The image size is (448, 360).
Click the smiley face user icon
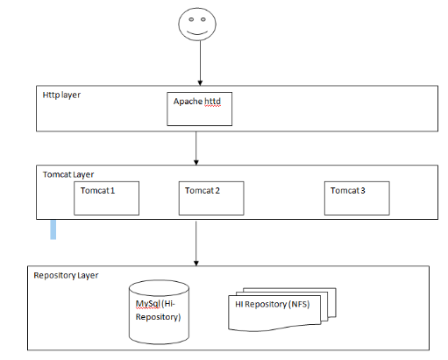pyautogui.click(x=197, y=25)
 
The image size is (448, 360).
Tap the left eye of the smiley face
pyautogui.click(x=191, y=19)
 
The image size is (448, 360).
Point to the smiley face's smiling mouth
pyautogui.click(x=197, y=32)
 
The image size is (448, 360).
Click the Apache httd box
pyautogui.click(x=200, y=109)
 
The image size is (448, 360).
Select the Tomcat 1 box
pyautogui.click(x=106, y=198)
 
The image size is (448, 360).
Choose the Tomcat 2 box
pyautogui.click(x=211, y=198)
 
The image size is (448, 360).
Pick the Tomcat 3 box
pyautogui.click(x=357, y=198)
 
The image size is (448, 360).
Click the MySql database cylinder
pyautogui.click(x=159, y=312)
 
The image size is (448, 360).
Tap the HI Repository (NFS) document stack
pyautogui.click(x=282, y=309)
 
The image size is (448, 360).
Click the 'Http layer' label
pyautogui.click(x=61, y=95)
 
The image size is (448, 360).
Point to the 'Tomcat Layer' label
pyautogui.click(x=68, y=174)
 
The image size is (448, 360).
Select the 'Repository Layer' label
pyautogui.click(x=66, y=276)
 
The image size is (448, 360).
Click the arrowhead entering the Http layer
pyautogui.click(x=200, y=83)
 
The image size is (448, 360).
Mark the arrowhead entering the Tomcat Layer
pyautogui.click(x=196, y=162)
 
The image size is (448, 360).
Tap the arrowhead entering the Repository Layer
pyautogui.click(x=196, y=263)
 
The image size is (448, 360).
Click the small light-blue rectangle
pyautogui.click(x=53, y=229)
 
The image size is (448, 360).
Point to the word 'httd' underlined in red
pyautogui.click(x=212, y=102)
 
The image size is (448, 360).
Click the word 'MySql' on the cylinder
pyautogui.click(x=148, y=304)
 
